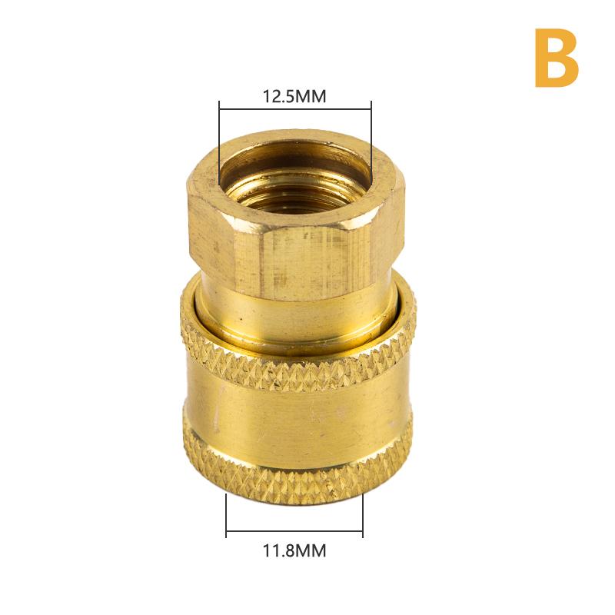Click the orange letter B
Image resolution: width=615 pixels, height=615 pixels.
[557, 58]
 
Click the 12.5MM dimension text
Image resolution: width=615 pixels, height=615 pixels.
[294, 97]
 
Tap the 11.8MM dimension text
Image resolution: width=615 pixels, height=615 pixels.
[294, 550]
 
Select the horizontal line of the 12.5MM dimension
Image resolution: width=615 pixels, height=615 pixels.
[295, 109]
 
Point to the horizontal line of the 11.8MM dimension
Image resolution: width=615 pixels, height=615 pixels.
[294, 531]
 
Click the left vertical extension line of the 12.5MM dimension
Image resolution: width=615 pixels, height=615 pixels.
[219, 142]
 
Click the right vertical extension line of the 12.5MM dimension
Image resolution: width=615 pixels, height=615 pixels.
[371, 142]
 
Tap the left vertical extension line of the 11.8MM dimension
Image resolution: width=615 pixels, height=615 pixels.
[226, 515]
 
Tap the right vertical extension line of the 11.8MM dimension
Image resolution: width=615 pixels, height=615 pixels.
[363, 515]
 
